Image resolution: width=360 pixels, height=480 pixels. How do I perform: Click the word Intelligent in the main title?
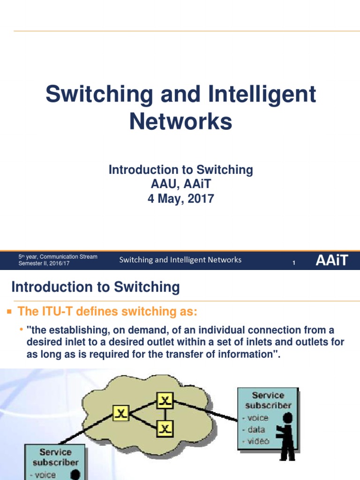click(x=248, y=95)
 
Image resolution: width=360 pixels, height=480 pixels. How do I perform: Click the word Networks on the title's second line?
click(x=180, y=121)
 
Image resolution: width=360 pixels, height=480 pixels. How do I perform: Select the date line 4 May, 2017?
click(x=180, y=198)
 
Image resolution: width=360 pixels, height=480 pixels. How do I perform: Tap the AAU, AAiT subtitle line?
click(x=180, y=184)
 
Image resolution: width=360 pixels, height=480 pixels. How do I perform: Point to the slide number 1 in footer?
click(x=293, y=263)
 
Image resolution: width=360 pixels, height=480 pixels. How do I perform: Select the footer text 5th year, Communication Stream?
click(x=58, y=256)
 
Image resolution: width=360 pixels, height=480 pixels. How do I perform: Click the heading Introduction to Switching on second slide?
click(x=95, y=287)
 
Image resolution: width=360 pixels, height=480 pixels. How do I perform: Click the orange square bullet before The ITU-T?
click(x=7, y=311)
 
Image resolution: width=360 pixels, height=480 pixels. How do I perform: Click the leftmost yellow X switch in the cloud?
click(x=121, y=413)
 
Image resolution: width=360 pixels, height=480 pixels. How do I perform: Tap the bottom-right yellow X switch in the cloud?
click(x=165, y=428)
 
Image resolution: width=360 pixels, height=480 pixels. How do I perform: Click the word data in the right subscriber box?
click(x=256, y=429)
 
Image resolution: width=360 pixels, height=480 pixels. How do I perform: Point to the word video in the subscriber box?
click(x=258, y=441)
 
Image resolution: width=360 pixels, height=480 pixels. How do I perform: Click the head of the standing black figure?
click(x=288, y=417)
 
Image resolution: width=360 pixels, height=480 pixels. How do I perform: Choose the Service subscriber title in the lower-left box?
click(x=55, y=457)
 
